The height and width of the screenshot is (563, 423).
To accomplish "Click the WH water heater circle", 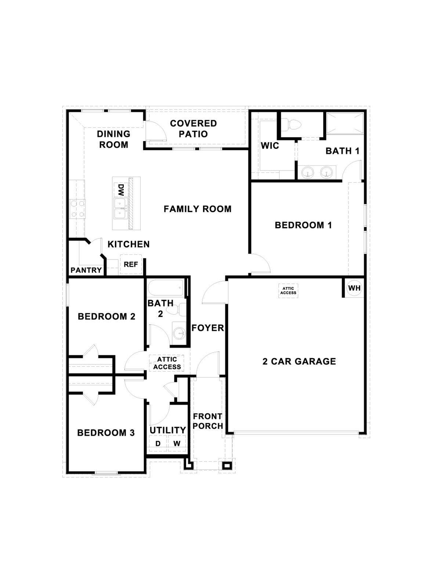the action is (x=354, y=288).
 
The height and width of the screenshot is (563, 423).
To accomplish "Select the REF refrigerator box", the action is (x=131, y=264).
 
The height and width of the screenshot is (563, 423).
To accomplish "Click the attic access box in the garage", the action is (x=288, y=291).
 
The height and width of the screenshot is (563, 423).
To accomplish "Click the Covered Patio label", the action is (x=193, y=129).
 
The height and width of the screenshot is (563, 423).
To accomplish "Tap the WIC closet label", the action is (x=270, y=146).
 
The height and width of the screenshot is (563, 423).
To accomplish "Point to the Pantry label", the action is (x=86, y=270).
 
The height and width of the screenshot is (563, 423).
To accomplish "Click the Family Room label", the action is (x=198, y=209).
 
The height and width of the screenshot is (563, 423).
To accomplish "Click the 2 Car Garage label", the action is (x=299, y=361).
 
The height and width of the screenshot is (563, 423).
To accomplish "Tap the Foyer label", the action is (x=208, y=328).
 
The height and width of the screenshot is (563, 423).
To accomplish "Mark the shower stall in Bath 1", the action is (x=345, y=123).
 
